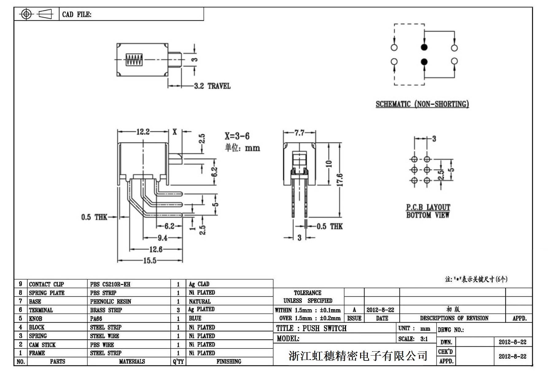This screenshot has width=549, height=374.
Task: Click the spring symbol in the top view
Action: (134, 60)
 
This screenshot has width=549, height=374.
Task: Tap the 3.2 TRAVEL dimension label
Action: (212, 86)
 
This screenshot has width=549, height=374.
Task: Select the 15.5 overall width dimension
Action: (150, 261)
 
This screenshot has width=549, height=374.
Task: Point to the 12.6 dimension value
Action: (156, 249)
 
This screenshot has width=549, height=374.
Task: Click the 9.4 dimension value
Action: (162, 238)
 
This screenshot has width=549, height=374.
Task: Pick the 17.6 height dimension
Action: (340, 180)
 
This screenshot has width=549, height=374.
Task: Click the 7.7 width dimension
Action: (299, 133)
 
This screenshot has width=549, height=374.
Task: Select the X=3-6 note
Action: (237, 136)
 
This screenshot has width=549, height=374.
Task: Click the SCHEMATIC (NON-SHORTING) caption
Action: (422, 104)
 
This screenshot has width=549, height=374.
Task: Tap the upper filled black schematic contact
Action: (424, 47)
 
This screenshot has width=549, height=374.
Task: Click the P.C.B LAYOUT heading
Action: (428, 207)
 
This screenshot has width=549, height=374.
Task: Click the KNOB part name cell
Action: (36, 319)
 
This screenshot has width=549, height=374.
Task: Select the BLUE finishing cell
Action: (195, 318)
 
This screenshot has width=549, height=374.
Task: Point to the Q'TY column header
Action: (178, 362)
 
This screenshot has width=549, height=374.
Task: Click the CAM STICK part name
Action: (42, 345)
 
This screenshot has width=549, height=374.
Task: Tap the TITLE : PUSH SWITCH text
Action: (311, 328)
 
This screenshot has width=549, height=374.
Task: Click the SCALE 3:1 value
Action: (424, 339)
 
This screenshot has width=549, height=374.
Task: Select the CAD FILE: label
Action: (77, 14)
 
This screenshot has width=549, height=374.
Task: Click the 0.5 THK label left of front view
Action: (94, 217)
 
